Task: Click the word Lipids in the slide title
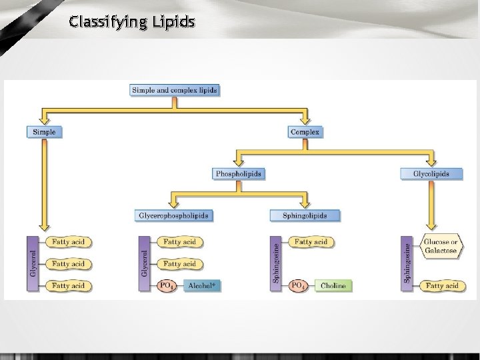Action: (x=172, y=23)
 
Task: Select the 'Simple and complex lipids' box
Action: (x=175, y=90)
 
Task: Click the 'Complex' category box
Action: (x=305, y=132)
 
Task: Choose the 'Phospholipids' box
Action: (x=239, y=174)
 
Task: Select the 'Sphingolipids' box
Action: (x=305, y=215)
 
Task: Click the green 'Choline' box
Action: (x=333, y=286)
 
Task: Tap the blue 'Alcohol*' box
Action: (x=202, y=286)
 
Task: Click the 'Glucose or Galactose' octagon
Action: (x=440, y=246)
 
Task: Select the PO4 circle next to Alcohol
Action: (x=166, y=286)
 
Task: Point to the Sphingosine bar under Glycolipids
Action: (x=407, y=263)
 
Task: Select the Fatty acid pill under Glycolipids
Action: (x=441, y=286)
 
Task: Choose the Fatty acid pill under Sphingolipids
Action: (x=311, y=242)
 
